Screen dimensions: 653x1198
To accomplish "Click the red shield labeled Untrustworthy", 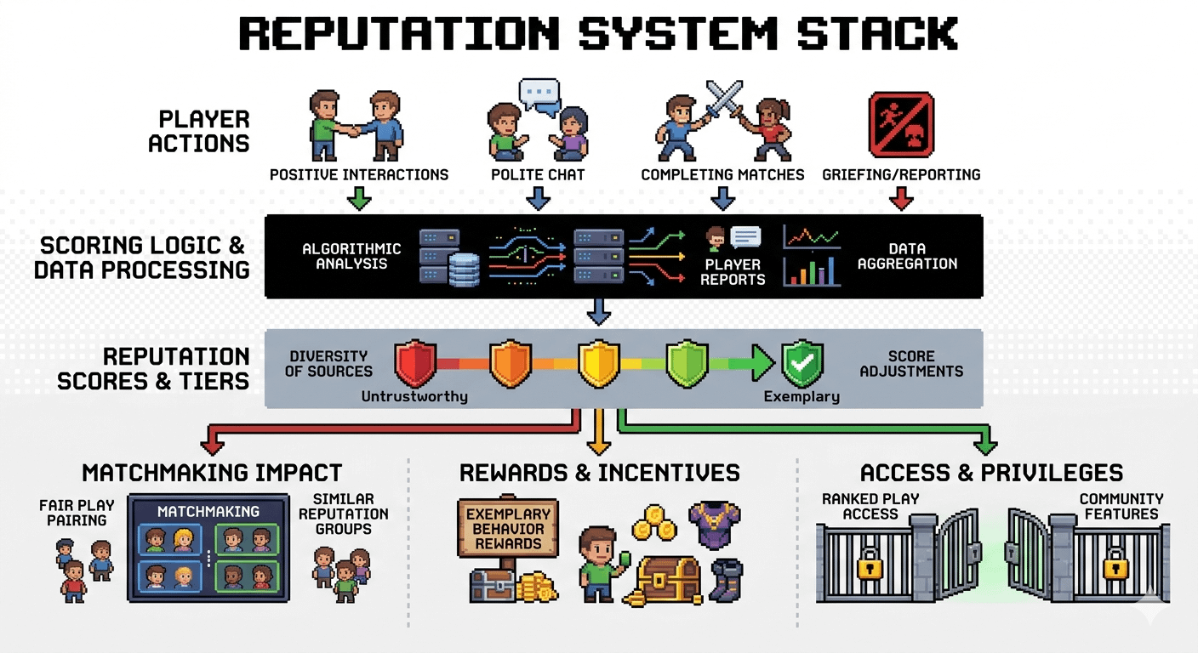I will coord(415,363).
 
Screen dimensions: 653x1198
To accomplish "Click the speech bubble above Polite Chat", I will coord(540,94).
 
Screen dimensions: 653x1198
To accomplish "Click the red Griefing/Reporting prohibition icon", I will coord(901,124).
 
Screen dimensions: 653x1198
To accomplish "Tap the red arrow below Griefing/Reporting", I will coord(901,198).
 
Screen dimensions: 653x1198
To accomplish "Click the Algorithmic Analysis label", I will coord(351,256).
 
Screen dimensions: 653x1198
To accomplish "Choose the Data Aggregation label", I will coord(907,256).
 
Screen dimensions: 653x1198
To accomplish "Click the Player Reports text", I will coord(733,272).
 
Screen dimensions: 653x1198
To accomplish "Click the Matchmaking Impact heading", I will coord(212,473).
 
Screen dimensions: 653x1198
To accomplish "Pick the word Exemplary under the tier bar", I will coord(801,396).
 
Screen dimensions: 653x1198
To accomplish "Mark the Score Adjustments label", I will coord(911,363).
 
